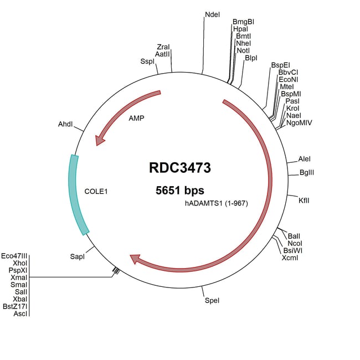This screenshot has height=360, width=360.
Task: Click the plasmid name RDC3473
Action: (179, 167)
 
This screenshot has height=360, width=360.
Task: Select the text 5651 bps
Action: (179, 191)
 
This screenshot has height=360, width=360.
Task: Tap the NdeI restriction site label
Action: (212, 14)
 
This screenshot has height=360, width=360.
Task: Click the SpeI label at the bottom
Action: (212, 301)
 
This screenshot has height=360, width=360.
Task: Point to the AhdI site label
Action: (65, 124)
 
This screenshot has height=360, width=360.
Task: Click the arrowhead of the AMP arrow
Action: (100, 140)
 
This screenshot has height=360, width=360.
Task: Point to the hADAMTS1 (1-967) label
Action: (216, 203)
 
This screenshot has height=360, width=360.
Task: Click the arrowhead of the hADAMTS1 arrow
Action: (135, 258)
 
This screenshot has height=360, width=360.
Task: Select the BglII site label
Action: (307, 173)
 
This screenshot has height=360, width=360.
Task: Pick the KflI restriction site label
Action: (304, 200)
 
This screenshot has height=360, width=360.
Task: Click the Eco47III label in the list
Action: (14, 256)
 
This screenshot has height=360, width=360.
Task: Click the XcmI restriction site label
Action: (290, 258)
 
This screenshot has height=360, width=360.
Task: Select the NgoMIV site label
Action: (300, 122)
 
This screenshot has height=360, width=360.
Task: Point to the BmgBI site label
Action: (244, 22)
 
